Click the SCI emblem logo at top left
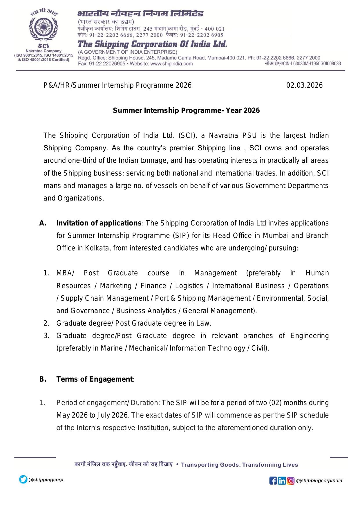[44, 29]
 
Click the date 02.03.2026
[304, 85]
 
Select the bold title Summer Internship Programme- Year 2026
[186, 111]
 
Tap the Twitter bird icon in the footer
[23, 479]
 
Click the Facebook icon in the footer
[273, 481]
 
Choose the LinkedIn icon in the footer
[282, 481]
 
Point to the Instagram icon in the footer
[291, 481]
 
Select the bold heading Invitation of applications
[99, 223]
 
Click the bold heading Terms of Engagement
[95, 379]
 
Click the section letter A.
[43, 223]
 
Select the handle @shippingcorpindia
[319, 481]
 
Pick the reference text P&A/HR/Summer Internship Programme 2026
[117, 85]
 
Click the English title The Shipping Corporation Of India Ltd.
[152, 44]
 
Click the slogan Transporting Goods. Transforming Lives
[240, 465]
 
